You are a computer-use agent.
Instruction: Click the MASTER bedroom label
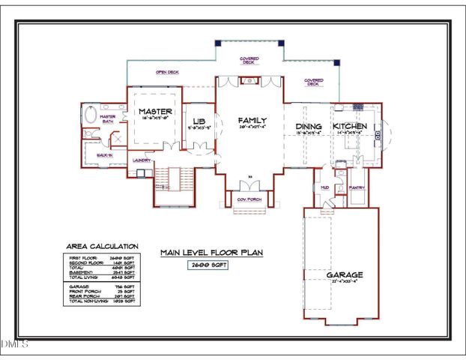pos(157,111)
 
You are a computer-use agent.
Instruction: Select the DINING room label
pos(309,126)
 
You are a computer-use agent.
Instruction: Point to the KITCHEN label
pos(350,126)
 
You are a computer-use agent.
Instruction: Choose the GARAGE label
pos(344,274)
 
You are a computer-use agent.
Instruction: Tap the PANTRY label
pos(357,187)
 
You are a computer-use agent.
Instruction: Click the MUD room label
pos(324,187)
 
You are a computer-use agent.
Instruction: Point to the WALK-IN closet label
pos(104,154)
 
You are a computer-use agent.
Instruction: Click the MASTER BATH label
pos(108,118)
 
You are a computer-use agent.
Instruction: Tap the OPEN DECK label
pos(166,73)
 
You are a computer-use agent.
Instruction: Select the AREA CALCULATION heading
pos(103,245)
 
